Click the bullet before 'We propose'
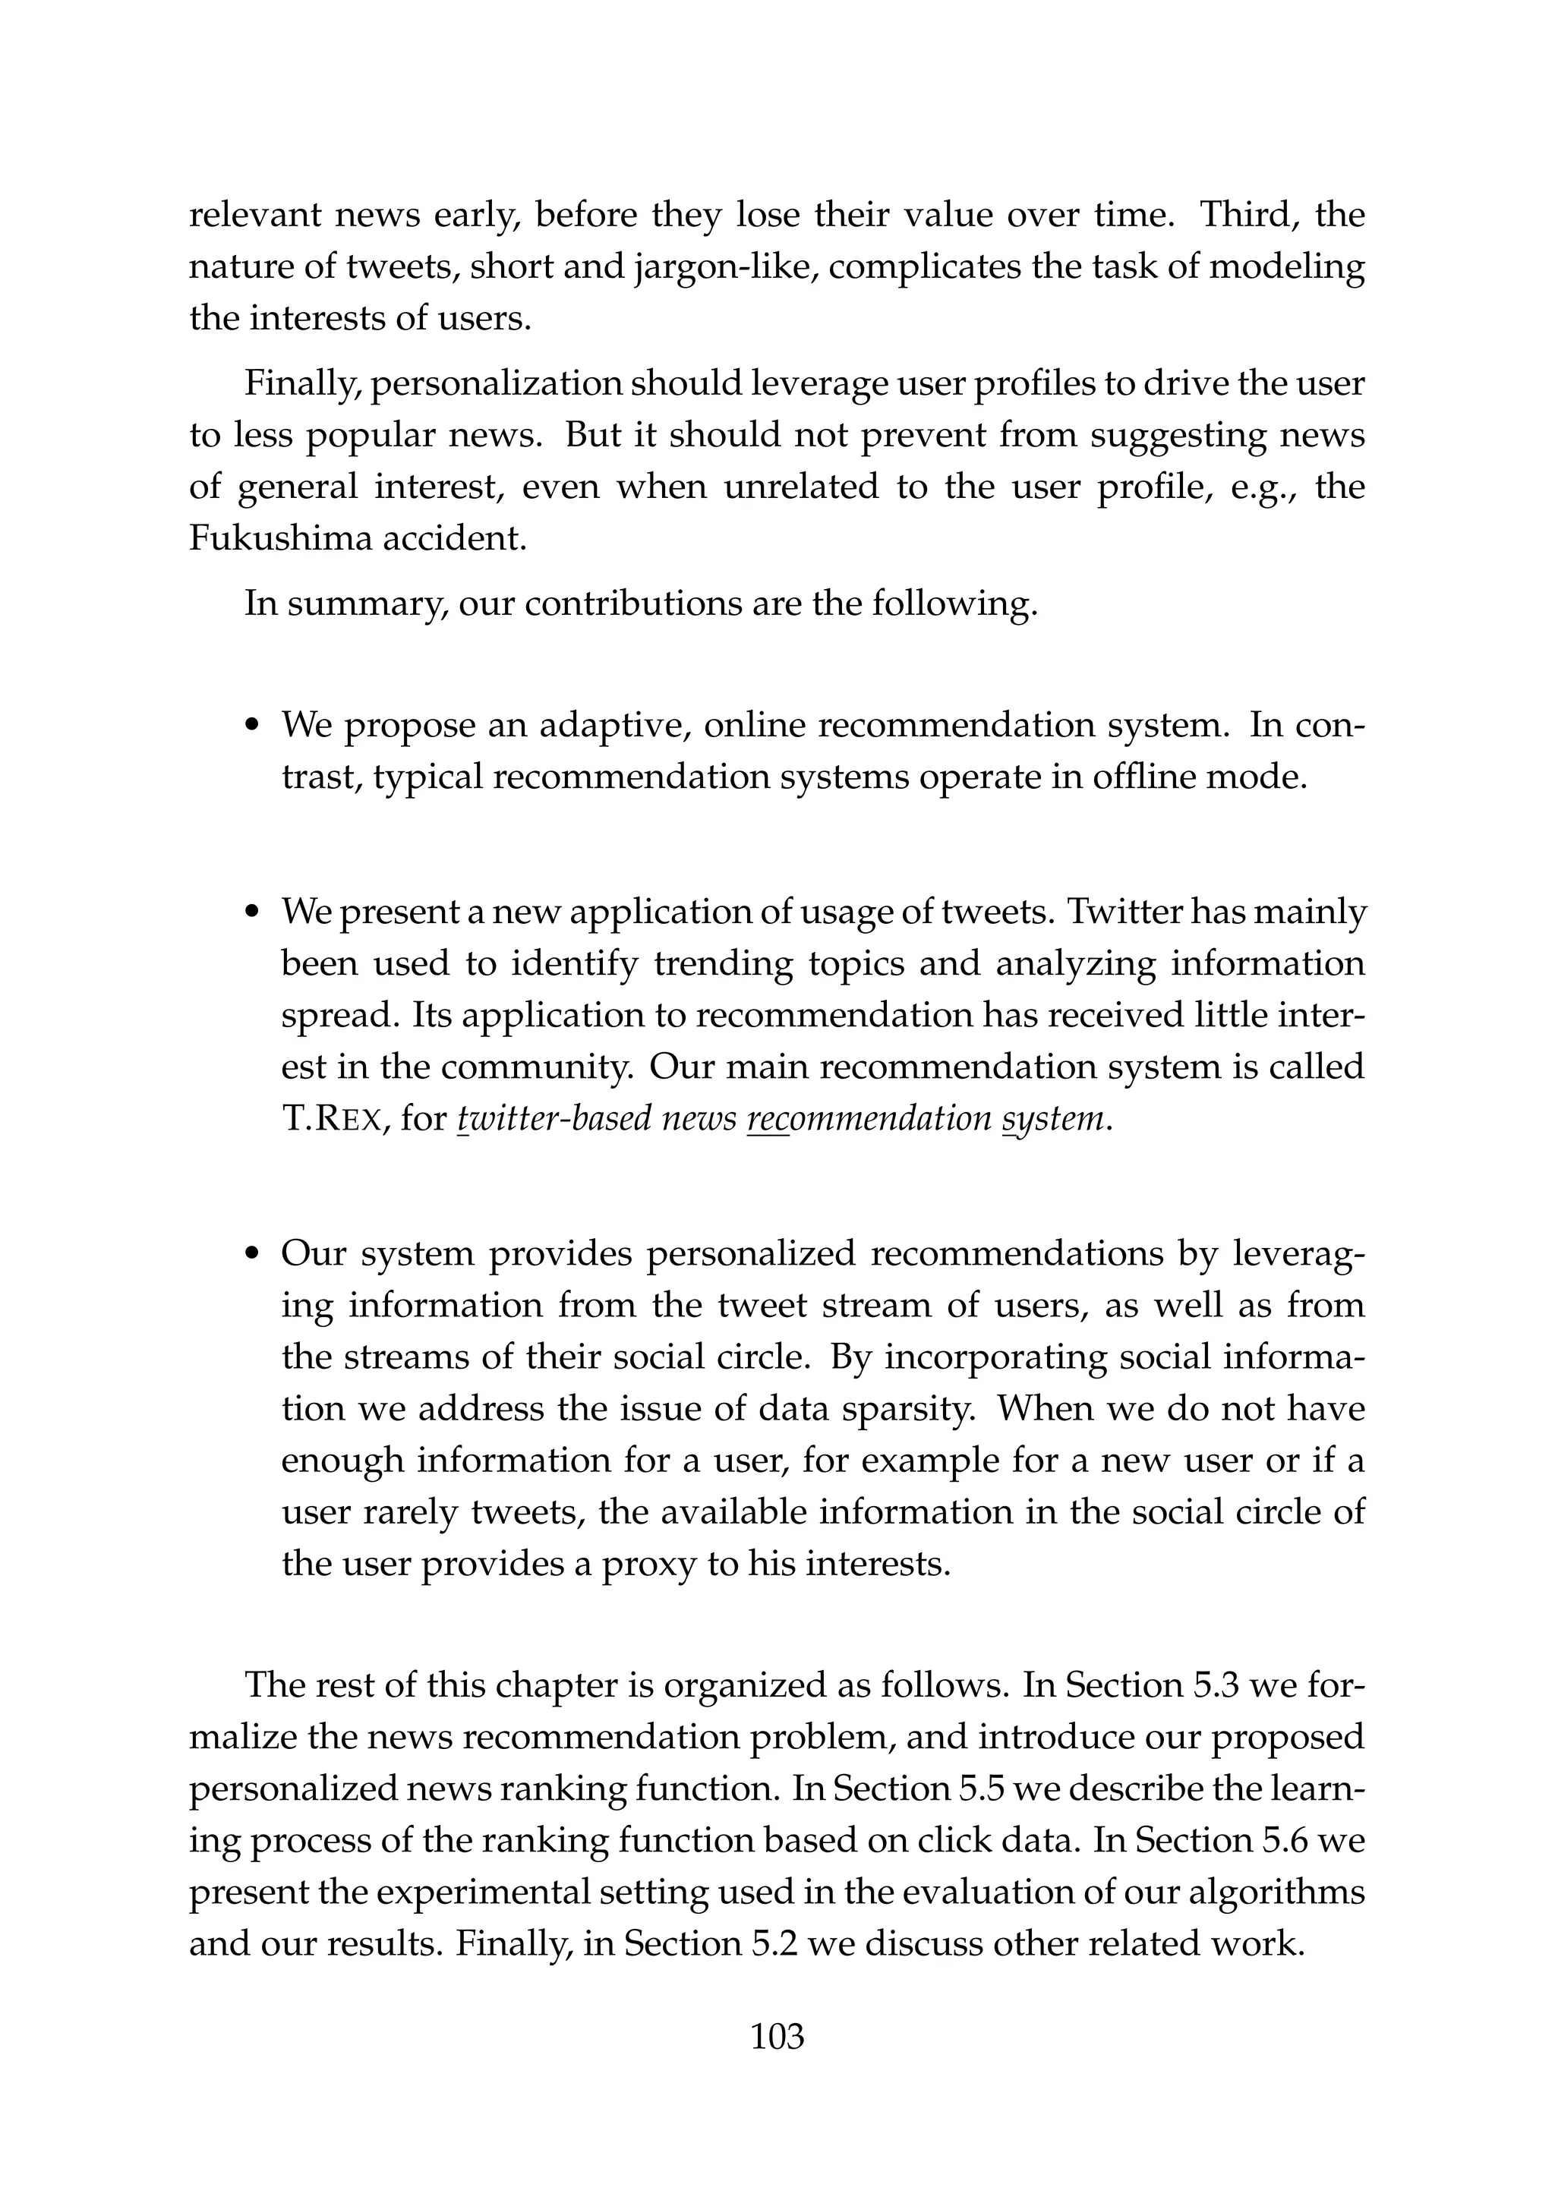(254, 726)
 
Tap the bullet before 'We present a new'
(254, 912)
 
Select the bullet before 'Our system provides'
(254, 1254)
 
